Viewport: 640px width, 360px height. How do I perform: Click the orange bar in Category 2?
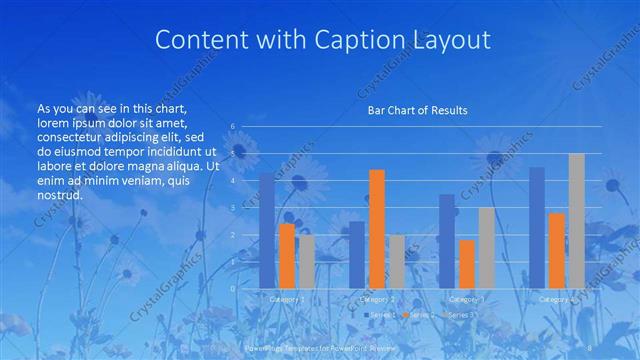click(x=376, y=229)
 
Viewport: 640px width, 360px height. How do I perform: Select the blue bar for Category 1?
click(x=267, y=231)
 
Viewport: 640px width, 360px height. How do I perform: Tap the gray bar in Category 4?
click(x=576, y=221)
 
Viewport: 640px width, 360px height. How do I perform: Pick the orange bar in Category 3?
click(x=466, y=264)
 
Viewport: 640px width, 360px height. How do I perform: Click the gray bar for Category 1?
click(x=306, y=262)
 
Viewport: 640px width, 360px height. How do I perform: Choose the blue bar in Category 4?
click(x=537, y=228)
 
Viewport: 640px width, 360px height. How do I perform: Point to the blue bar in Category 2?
click(x=357, y=255)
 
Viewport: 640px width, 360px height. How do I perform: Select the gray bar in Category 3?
click(x=486, y=248)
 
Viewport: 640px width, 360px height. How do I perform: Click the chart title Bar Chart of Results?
click(x=411, y=110)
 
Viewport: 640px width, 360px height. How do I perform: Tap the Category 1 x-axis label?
click(x=287, y=299)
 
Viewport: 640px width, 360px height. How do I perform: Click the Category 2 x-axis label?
click(x=376, y=299)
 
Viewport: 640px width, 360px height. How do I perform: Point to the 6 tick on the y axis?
click(x=232, y=126)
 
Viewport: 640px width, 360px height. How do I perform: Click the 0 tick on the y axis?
click(x=232, y=288)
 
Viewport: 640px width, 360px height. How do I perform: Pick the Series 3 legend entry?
click(x=461, y=314)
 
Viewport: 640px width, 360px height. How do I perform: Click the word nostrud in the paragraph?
click(x=59, y=195)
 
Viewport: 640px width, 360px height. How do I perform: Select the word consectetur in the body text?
click(x=72, y=136)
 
